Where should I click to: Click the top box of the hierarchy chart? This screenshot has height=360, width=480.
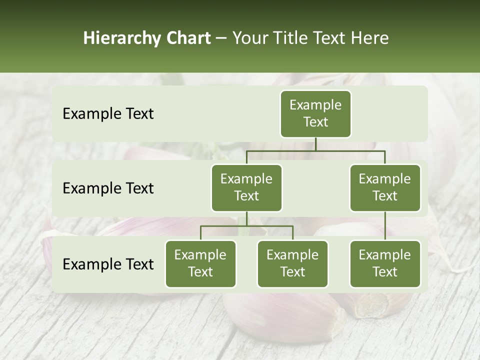315,113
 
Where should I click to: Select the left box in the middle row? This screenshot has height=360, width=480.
246,187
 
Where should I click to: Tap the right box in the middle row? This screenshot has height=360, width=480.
385,187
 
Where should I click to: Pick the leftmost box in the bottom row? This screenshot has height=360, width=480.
200,263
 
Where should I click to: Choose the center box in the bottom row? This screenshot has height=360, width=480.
292,263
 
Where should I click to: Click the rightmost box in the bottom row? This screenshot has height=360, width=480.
385,263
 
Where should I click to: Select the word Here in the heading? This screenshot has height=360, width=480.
369,38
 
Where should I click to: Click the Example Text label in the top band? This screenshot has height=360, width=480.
108,113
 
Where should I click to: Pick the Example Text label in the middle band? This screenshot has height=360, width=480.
108,188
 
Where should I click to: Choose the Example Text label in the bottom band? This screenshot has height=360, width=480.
108,264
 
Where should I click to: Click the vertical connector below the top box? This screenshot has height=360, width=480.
315,144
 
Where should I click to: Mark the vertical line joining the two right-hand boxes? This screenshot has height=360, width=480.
385,226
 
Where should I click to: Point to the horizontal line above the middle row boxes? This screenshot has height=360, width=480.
315,150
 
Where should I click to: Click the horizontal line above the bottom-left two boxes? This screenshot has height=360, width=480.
246,226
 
